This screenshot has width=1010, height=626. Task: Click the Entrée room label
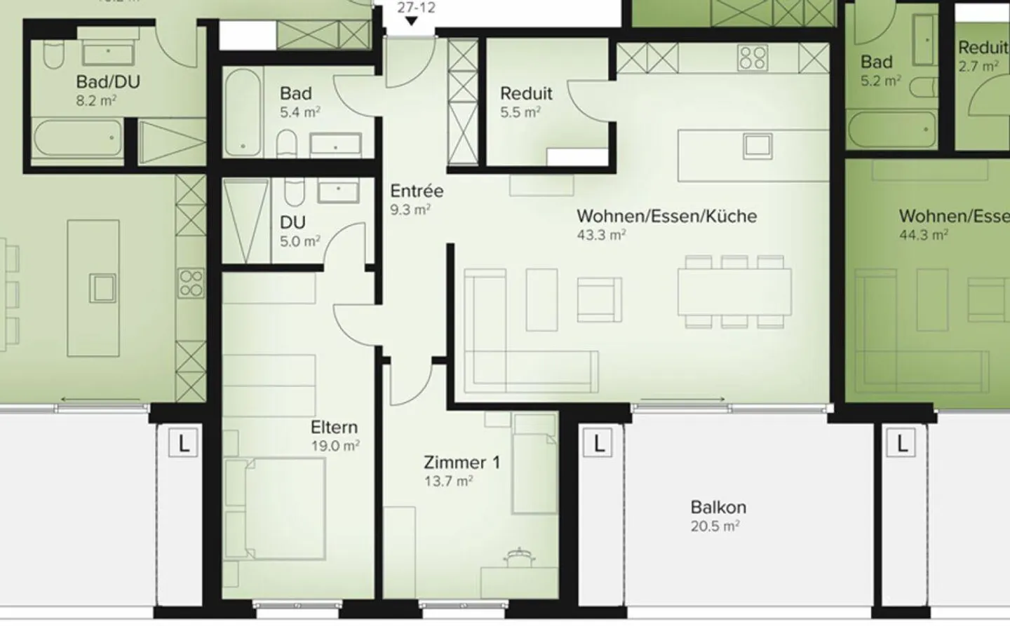pos(417,191)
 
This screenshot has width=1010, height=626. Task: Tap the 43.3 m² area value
pos(601,235)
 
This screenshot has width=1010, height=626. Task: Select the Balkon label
pos(718,507)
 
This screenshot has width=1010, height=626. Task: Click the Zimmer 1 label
pos(462,463)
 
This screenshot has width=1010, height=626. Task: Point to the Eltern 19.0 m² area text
pos(335,445)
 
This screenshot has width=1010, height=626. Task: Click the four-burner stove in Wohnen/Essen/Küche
pos(753,57)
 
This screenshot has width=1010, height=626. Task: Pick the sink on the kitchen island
pos(758,144)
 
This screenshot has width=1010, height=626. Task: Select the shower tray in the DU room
pos(246,220)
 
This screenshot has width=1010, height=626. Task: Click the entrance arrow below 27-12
pos(412,22)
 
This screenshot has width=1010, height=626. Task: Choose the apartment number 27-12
pos(416,8)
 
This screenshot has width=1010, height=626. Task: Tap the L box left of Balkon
pos(598,443)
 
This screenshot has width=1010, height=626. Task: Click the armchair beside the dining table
pos(600,297)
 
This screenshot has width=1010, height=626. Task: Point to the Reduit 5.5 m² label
pos(526,102)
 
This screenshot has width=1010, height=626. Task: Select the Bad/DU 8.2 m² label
pos(107,90)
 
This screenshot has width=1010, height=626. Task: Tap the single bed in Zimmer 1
pos(534,463)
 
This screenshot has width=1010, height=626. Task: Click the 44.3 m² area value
pos(924,235)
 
